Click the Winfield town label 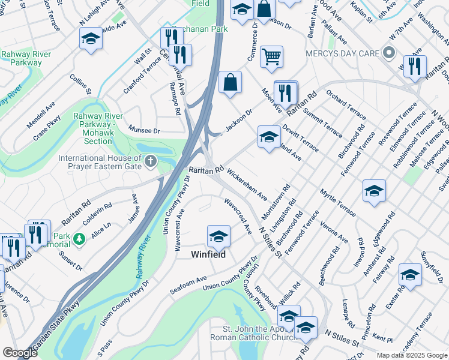coord(208,254)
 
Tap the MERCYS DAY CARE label coord(342,53)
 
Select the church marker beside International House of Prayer coord(150,161)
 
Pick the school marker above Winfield coord(218,236)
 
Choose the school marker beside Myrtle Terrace coord(373,191)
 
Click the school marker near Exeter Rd coord(410,275)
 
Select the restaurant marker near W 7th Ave coord(415,67)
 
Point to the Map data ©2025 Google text coord(412,355)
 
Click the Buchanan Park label coord(191,29)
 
